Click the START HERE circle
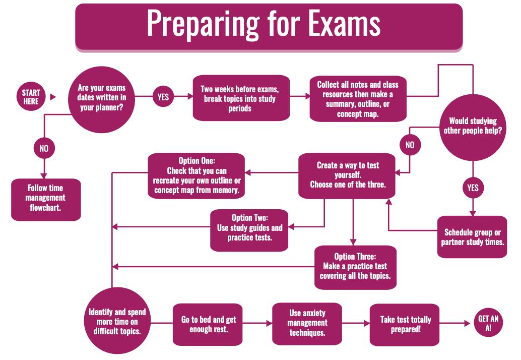pos(31,97)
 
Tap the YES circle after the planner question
pos(163,97)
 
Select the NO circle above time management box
pos(44,149)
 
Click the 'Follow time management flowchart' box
pos(46,199)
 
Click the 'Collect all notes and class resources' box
pos(358,99)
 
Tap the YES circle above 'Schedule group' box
pos(473,188)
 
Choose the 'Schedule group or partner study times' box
pos(473,237)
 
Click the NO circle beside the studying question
pos(410,145)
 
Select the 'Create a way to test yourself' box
pos(348,174)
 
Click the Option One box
pos(197,175)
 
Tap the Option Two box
pos(249,227)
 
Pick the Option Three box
pos(355,267)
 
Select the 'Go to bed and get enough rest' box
pos(209,324)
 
